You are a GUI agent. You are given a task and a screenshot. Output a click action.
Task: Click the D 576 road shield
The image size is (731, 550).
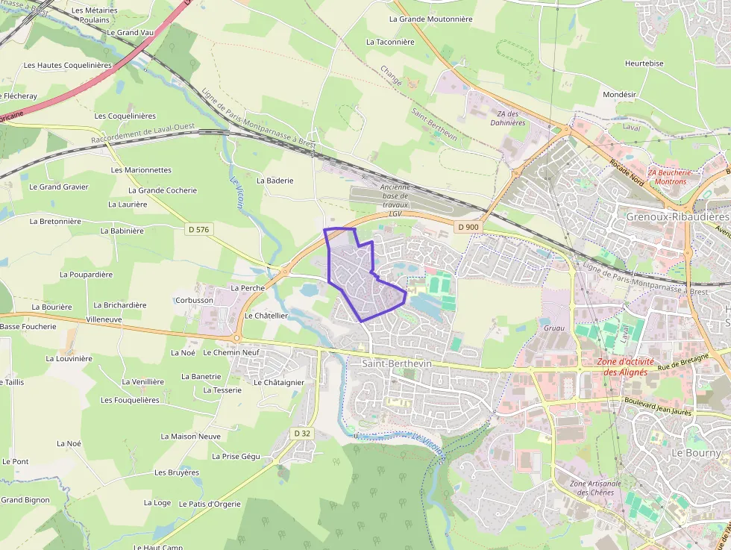pyautogui.click(x=198, y=230)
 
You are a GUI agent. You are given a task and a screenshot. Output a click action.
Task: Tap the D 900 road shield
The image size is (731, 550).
pyautogui.click(x=469, y=227)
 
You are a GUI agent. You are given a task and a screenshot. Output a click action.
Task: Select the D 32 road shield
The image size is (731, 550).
pyautogui.click(x=302, y=433)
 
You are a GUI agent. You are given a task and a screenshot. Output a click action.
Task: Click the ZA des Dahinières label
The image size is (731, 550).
pyautogui.click(x=506, y=118)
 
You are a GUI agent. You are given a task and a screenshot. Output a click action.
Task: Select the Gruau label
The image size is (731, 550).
pyautogui.click(x=554, y=328)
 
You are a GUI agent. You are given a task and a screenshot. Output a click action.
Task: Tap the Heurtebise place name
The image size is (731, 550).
pyautogui.click(x=644, y=63)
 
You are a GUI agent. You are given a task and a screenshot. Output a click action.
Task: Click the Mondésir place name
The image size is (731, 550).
pyautogui.click(x=618, y=95)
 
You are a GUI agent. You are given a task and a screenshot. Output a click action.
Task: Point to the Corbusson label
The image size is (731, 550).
pyautogui.click(x=194, y=300)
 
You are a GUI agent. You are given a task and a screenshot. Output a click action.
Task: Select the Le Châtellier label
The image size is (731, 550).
pyautogui.click(x=266, y=316)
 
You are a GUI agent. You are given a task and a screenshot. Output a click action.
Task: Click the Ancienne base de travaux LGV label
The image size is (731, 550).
pyautogui.click(x=395, y=200)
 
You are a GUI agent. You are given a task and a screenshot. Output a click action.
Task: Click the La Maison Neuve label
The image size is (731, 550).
pyautogui.click(x=190, y=436)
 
